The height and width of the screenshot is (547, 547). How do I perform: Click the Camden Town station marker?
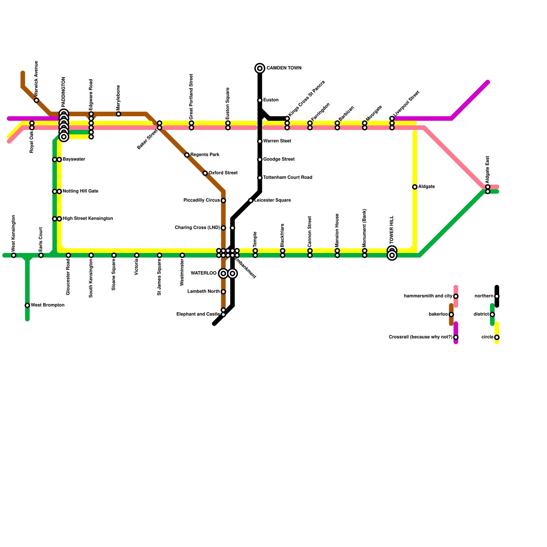coord(260,68)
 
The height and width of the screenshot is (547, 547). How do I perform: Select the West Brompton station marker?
coord(27,305)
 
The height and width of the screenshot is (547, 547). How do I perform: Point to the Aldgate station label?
coord(426,187)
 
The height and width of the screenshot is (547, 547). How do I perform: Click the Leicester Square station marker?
coord(251,201)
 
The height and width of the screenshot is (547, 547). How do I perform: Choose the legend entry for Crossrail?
coord(421,337)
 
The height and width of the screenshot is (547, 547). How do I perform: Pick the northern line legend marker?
coord(497,296)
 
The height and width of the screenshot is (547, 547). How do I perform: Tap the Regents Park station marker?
coord(187,155)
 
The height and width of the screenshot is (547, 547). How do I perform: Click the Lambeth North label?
coord(203,292)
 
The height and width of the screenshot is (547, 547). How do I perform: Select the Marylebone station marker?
coord(118,114)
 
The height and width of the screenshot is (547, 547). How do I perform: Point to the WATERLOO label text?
coord(203,273)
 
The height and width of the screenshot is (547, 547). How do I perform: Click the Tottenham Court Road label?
coord(288,177)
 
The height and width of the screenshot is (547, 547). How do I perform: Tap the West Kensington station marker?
coord(14,255)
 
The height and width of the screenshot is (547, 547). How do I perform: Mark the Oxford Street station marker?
coord(205,173)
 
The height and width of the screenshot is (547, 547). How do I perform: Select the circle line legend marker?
coord(497,337)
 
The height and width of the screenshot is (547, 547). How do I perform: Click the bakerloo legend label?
coord(438,314)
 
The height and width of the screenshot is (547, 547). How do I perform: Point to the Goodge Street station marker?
coord(260,160)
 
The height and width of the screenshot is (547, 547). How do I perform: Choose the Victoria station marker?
coord(137,255)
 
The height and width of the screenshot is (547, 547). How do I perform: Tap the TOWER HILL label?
coord(392,229)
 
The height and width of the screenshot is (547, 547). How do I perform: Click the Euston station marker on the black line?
coord(260,100)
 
